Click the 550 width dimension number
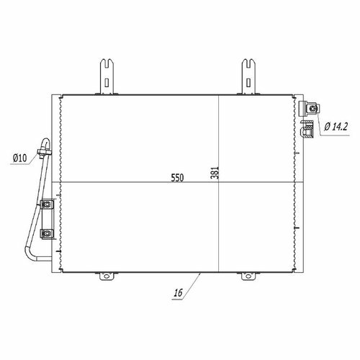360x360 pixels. [x=177, y=178]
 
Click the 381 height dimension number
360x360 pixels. [x=215, y=173]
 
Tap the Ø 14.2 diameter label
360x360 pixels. [x=336, y=126]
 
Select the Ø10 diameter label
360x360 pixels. [x=20, y=158]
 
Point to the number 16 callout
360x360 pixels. [x=179, y=293]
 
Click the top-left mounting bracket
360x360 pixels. [x=107, y=76]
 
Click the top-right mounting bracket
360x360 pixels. [x=248, y=76]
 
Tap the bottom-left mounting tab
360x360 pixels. [x=107, y=276]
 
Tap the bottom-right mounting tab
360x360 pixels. [x=248, y=276]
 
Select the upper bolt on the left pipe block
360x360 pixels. [x=48, y=204]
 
